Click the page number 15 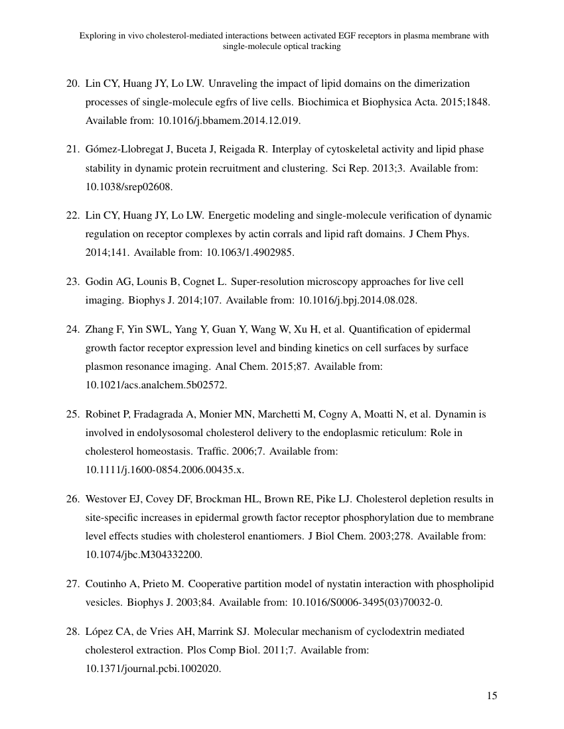(492, 695)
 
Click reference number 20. (72, 84)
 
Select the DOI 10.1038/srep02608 (129, 187)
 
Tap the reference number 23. (72, 282)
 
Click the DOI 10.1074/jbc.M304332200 (144, 555)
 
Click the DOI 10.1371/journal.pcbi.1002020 (153, 669)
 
